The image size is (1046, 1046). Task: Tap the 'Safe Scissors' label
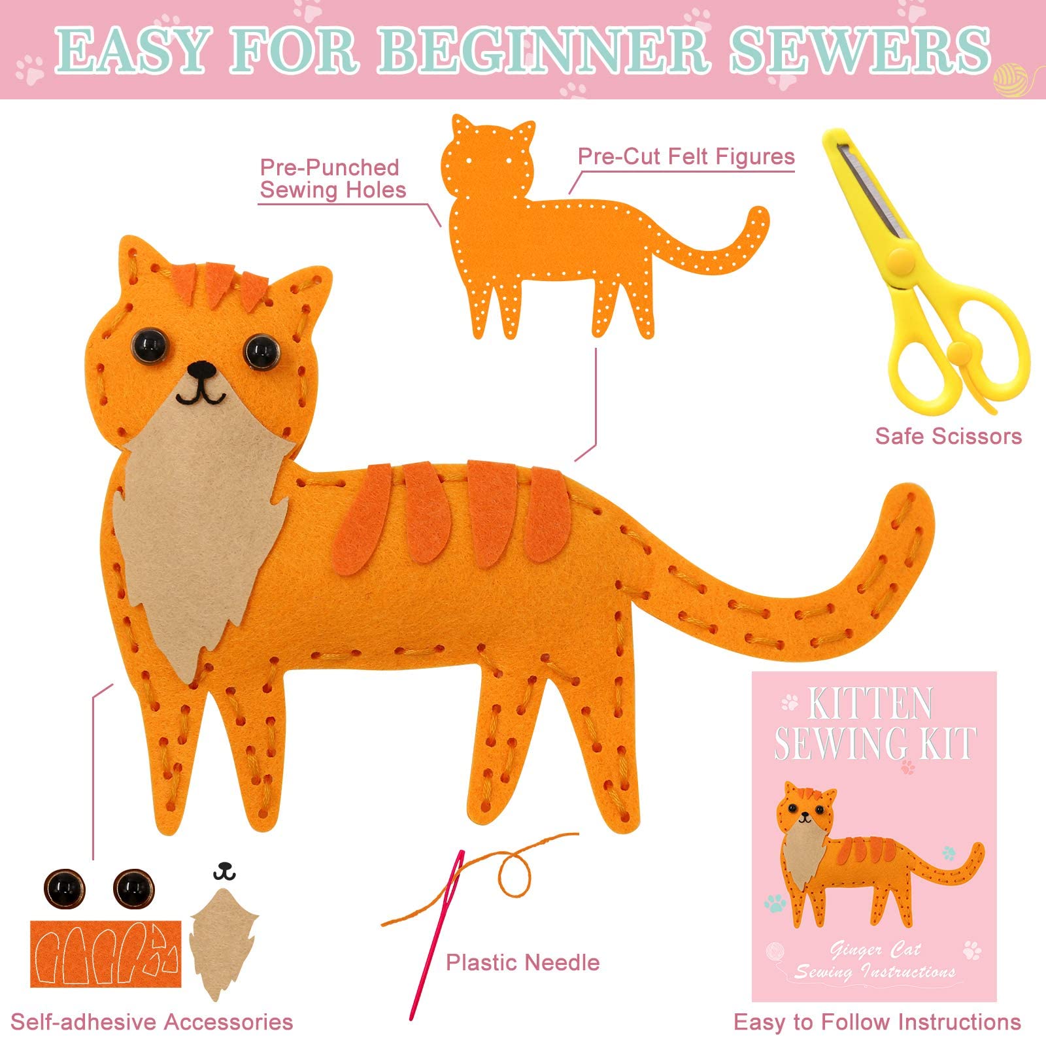tap(948, 436)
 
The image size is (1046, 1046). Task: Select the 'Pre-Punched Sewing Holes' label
tap(332, 178)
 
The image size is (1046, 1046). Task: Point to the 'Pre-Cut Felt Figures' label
tap(686, 156)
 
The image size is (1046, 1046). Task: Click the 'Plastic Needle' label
tap(522, 962)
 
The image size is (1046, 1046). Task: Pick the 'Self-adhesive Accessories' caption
tap(152, 1022)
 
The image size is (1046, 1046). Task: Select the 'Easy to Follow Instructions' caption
tap(877, 1022)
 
